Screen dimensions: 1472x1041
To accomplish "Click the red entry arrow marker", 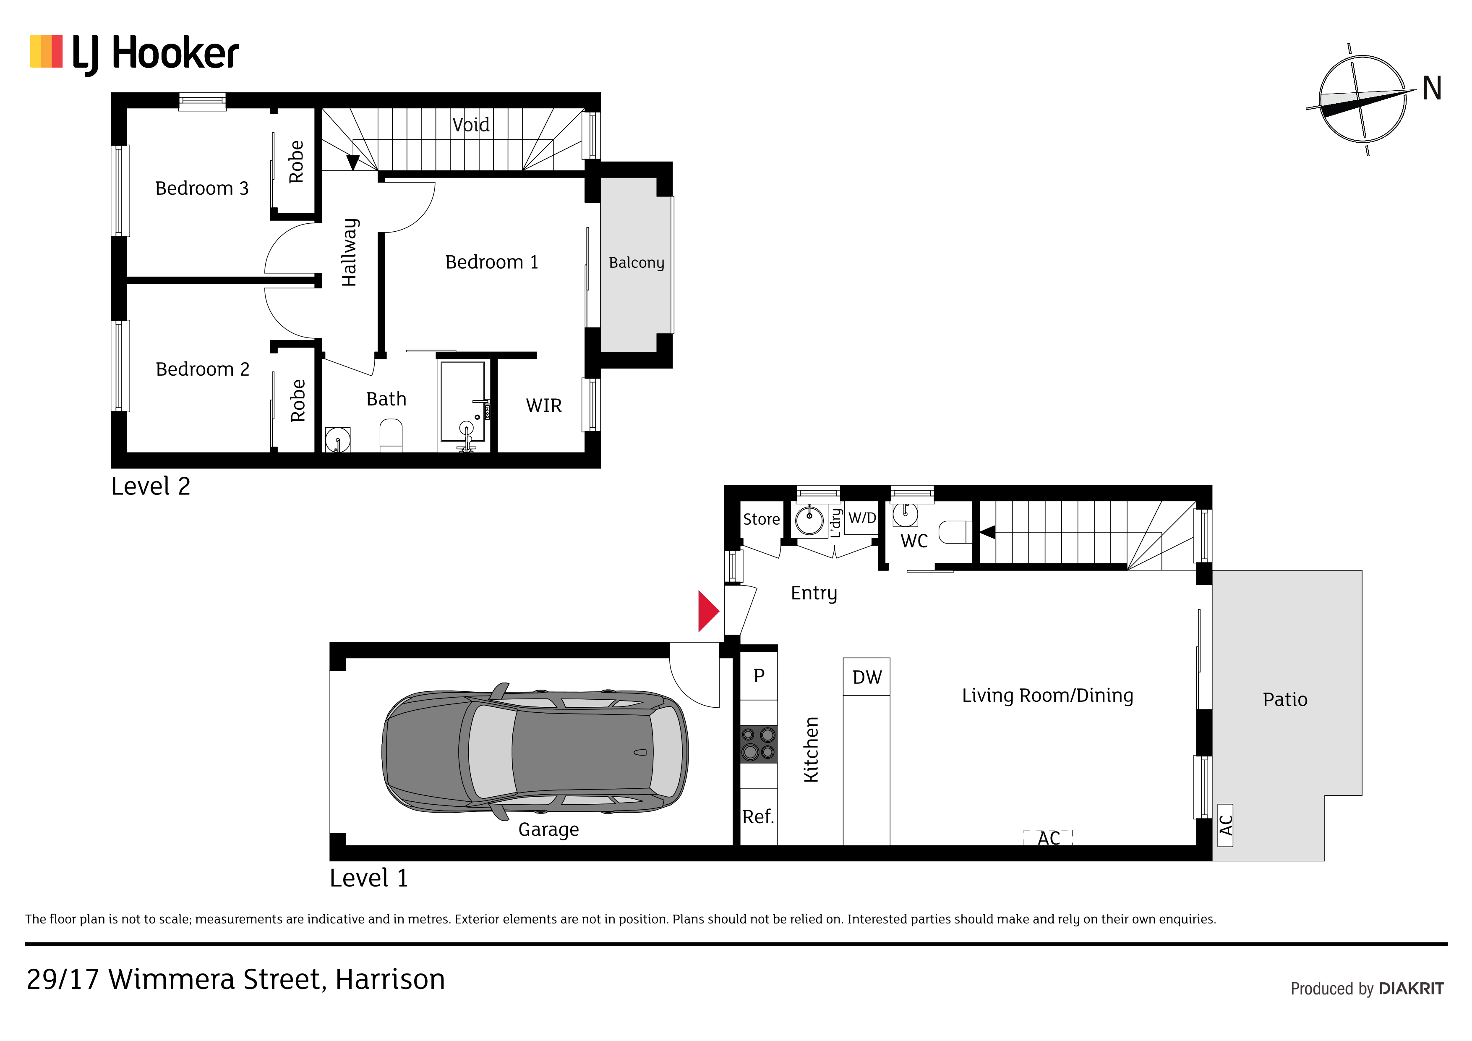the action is [x=708, y=611].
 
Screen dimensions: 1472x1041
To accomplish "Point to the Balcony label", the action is [x=636, y=262].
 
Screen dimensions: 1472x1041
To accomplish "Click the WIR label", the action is [x=544, y=405].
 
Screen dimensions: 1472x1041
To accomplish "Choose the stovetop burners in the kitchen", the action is [x=758, y=744].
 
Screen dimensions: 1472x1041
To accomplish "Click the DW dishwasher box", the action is [x=866, y=677].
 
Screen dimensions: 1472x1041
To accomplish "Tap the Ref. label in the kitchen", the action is [x=758, y=816].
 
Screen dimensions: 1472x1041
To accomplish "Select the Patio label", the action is [x=1285, y=699].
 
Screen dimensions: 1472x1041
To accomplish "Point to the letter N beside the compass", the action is [x=1432, y=89].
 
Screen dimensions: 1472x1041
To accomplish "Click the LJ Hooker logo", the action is [x=135, y=54].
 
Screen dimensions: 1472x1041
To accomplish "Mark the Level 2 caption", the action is [x=151, y=486].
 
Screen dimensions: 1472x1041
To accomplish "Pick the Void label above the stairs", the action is [x=470, y=124].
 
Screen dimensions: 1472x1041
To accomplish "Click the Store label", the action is [x=761, y=519].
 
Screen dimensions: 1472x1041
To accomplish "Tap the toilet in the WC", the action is [x=955, y=532].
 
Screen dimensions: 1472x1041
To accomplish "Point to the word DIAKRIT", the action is [x=1411, y=989].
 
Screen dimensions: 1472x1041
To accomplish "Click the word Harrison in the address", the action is [x=390, y=979].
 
